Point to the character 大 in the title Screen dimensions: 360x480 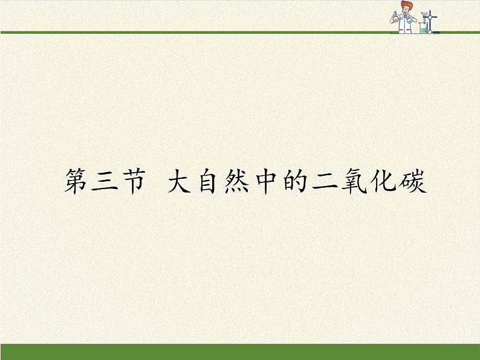pos(181,181)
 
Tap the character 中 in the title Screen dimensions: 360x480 pos(265,181)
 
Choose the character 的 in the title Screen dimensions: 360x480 pos(294,181)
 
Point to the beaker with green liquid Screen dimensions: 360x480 pos(424,28)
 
